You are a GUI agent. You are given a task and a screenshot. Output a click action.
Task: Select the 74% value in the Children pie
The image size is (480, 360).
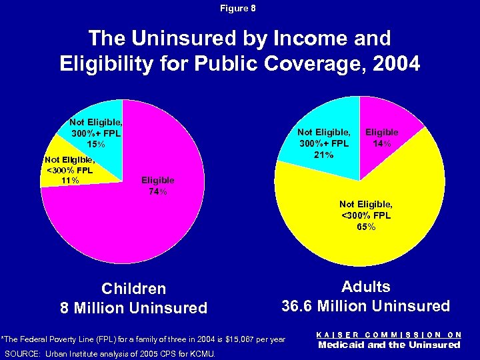(x=158, y=192)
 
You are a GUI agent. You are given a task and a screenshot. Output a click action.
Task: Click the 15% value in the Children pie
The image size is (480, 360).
(x=96, y=144)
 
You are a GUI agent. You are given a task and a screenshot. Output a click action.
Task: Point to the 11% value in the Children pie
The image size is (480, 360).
(x=69, y=180)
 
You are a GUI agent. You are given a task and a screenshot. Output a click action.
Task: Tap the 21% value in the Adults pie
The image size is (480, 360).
(x=324, y=155)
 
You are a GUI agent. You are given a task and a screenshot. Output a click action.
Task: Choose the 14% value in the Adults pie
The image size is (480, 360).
(x=382, y=143)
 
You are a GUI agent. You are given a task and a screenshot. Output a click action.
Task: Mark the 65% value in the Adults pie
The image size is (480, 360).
(x=366, y=227)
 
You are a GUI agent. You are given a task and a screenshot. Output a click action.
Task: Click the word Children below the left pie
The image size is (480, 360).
(x=133, y=289)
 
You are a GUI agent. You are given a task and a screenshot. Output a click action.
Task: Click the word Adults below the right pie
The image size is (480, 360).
(x=365, y=287)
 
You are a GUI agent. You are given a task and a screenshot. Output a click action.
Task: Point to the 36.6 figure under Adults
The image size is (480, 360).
(x=297, y=307)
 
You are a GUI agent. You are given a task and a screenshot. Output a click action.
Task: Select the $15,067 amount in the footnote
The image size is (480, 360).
(x=244, y=339)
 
